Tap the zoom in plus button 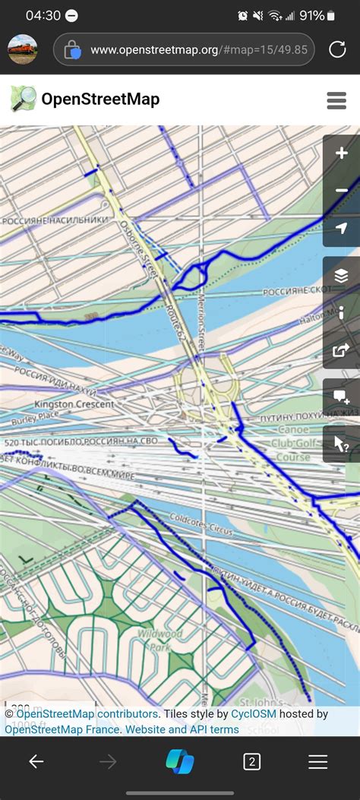341,153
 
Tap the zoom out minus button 341,191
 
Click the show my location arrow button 341,228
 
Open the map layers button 341,276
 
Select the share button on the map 341,350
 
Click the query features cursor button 341,444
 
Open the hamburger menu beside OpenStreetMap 336,100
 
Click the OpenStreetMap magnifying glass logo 23,100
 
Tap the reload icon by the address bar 337,50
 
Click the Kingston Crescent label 74,404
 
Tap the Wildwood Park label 155,639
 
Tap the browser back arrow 36,762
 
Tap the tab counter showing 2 251,762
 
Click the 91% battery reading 312,15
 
